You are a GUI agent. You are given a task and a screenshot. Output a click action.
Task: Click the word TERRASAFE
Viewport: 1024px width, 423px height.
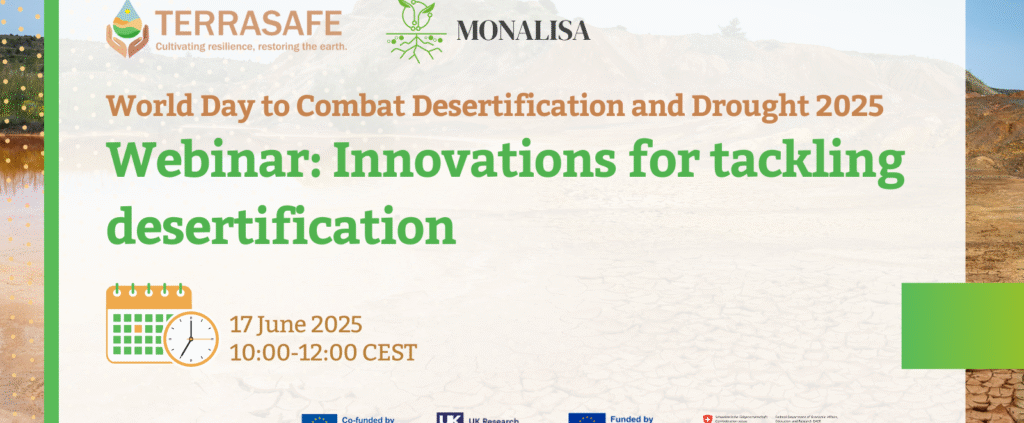pyautogui.click(x=245, y=22)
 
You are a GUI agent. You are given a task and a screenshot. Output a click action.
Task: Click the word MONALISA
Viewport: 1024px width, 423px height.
pyautogui.click(x=522, y=31)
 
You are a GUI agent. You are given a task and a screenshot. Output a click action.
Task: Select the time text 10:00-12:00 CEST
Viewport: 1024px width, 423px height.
pyautogui.click(x=322, y=352)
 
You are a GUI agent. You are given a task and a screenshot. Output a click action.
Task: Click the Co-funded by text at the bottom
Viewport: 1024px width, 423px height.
pyautogui.click(x=365, y=418)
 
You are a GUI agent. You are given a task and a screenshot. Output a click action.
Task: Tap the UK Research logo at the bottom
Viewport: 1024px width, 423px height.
pyautogui.click(x=448, y=418)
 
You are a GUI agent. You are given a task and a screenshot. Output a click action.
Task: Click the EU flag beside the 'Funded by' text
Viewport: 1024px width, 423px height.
pyautogui.click(x=586, y=418)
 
